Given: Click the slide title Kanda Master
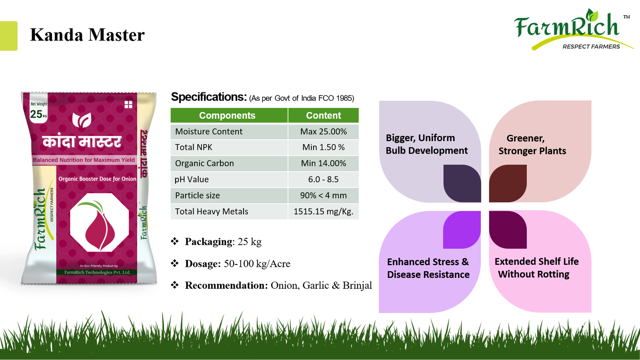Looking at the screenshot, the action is [x=87, y=35].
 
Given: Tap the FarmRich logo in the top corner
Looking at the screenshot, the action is [x=573, y=30].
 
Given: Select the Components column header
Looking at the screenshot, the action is [x=227, y=116].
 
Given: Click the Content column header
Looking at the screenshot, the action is [x=324, y=116].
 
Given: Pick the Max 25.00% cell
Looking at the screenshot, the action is [x=324, y=132].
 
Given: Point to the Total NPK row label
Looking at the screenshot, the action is [x=194, y=147].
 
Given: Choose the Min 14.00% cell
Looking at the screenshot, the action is [x=324, y=163].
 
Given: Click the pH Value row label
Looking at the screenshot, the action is [x=192, y=180].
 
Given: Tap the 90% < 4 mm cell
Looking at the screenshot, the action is [x=324, y=196].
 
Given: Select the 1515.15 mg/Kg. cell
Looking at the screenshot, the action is [x=324, y=212].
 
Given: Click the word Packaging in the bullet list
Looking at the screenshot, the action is [x=208, y=242].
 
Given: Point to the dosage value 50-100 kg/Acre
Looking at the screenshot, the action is [x=257, y=264].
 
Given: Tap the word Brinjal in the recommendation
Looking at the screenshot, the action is [x=358, y=286].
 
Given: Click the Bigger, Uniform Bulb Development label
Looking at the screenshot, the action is [x=426, y=144].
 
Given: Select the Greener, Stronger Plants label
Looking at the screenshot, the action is [x=532, y=144].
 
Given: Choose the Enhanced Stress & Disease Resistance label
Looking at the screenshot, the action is [x=428, y=268].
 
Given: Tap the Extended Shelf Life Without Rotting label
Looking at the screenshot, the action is [x=536, y=268].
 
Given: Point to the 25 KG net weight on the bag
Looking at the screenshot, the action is [x=38, y=114].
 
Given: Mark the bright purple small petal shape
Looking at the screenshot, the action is [x=462, y=230].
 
